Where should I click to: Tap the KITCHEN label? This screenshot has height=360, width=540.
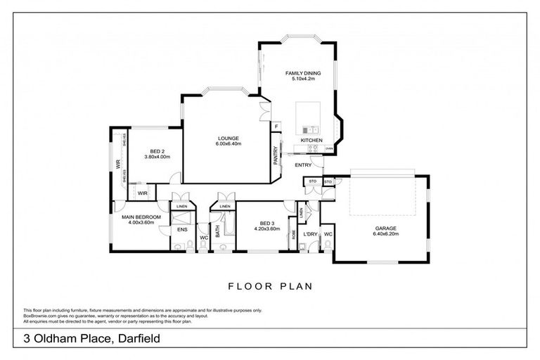point(311,141)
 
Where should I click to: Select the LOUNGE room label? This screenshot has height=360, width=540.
point(228,138)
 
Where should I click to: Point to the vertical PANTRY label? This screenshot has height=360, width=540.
point(276,155)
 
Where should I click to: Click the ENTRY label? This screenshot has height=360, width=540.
point(303,165)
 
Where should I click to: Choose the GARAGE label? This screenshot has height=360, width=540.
point(385,229)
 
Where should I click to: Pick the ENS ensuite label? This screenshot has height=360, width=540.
point(181,229)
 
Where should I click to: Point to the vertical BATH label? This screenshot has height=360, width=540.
point(218,230)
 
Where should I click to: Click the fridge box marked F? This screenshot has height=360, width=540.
point(277,127)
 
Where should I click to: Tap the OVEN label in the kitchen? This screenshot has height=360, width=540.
point(328,149)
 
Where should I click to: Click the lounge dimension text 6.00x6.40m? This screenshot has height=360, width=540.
point(228,144)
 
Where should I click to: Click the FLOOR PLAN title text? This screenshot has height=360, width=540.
point(270,286)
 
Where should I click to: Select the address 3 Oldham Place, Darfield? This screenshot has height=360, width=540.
point(91,339)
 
